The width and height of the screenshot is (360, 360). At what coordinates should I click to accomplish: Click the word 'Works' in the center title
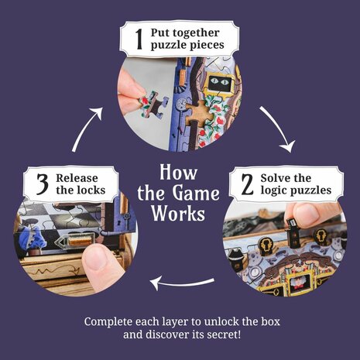179,212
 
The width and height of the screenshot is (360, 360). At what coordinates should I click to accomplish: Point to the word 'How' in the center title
178,170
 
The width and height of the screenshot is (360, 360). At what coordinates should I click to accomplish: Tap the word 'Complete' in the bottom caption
110,319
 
